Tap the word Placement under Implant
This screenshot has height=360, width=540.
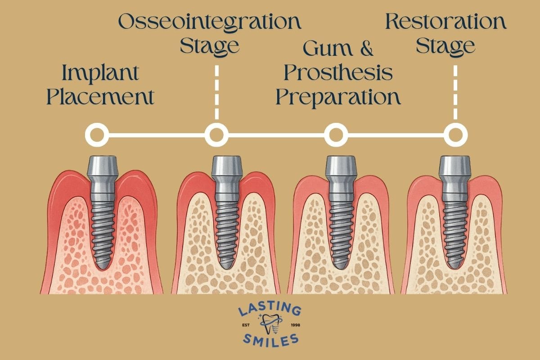pos(101,97)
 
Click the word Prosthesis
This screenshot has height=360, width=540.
pos(335,73)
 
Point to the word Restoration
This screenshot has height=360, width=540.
pos(445,22)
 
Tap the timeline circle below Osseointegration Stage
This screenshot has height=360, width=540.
pos(216,135)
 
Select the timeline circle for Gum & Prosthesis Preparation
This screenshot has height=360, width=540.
pos(336,135)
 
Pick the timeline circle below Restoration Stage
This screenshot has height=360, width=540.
pos(455,135)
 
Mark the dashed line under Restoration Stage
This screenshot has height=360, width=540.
pos(455,92)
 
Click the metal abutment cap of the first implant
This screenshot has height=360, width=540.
pos(103,169)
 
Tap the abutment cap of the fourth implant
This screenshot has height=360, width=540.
pos(454,169)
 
